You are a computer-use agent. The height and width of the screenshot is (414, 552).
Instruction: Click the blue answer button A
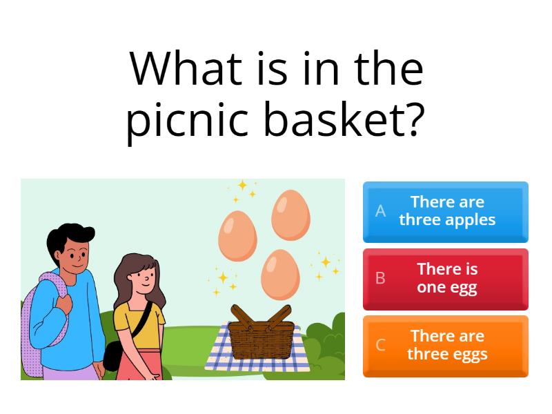coord(445,211)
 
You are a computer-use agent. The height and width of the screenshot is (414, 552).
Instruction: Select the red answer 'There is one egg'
coord(445,279)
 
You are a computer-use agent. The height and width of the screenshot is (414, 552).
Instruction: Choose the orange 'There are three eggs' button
coord(445,345)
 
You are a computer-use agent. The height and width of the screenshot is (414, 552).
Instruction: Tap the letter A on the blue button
coord(380,211)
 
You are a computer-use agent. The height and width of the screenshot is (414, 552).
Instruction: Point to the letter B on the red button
coord(380,278)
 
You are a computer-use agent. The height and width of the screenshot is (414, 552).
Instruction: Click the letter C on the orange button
coord(380,345)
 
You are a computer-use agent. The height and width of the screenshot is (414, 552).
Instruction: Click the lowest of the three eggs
coord(280,273)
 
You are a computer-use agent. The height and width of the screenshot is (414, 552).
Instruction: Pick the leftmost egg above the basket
coord(237,235)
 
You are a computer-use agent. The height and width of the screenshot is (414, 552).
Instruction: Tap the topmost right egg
coord(290,215)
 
